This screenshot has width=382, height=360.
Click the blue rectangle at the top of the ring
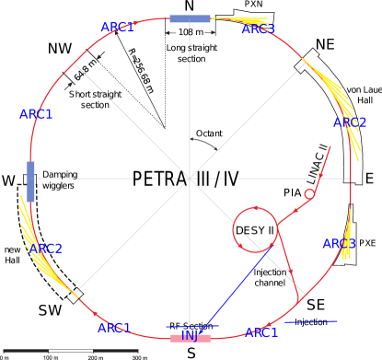[190, 18]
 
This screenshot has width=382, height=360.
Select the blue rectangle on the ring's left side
[30, 181]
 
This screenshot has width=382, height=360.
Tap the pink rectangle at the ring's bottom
[191, 338]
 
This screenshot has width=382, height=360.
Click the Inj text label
[190, 335]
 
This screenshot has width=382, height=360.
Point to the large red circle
[255, 230]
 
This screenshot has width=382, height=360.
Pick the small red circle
[309, 194]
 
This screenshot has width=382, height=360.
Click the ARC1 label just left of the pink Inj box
[114, 328]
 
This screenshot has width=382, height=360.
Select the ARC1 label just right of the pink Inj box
[261, 332]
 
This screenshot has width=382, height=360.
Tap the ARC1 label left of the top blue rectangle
[117, 28]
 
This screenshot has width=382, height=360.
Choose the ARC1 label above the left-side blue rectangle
[36, 114]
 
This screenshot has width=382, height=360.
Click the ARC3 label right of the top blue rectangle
[258, 29]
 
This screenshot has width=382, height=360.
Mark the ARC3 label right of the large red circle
[338, 244]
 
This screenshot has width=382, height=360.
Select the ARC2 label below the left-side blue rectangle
[45, 249]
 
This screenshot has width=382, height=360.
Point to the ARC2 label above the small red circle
[350, 122]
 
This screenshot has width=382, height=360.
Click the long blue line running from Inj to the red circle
[236, 285]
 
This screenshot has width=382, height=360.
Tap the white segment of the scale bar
[70, 351]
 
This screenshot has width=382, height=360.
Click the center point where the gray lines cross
[190, 178]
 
